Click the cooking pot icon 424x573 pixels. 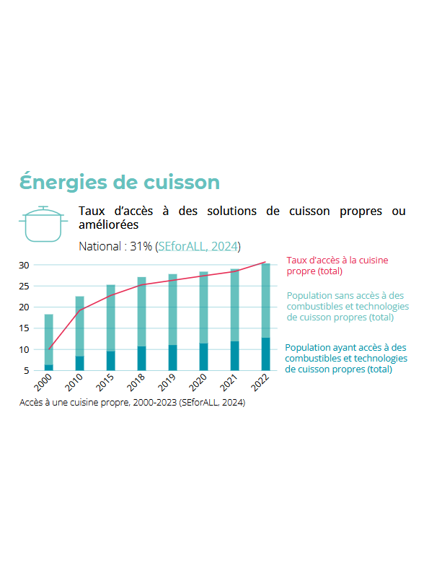pyautogui.click(x=43, y=224)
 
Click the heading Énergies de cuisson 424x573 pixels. pyautogui.click(x=120, y=182)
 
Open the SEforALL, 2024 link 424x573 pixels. pyautogui.click(x=198, y=246)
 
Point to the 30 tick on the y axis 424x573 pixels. pyautogui.click(x=24, y=266)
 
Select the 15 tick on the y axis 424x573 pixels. pyautogui.click(x=24, y=328)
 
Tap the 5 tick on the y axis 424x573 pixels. pyautogui.click(x=26, y=371)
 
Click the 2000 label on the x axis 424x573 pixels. pyautogui.click(x=43, y=382)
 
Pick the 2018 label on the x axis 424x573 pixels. pyautogui.click(x=136, y=382)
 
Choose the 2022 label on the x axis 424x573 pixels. pyautogui.click(x=260, y=382)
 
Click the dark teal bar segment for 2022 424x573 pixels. pyautogui.click(x=266, y=354)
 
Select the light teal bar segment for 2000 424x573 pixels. pyautogui.click(x=48, y=339)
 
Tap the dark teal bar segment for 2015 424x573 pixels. pyautogui.click(x=110, y=361)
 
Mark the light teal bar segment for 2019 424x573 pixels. pyautogui.click(x=173, y=310)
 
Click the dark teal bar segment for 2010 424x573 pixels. pyautogui.click(x=79, y=363)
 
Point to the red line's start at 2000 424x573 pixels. pyautogui.click(x=49, y=349)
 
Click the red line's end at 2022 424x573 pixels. pyautogui.click(x=265, y=262)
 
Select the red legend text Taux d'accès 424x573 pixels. pyautogui.click(x=337, y=266)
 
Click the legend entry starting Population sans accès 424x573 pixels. pyautogui.click(x=348, y=306)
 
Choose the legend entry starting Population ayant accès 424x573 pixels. pyautogui.click(x=346, y=358)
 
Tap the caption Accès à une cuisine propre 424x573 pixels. pyautogui.click(x=132, y=403)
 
